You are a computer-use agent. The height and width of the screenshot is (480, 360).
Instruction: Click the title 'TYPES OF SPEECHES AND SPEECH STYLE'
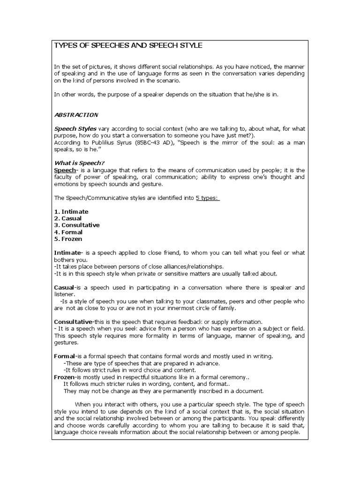pyautogui.click(x=128, y=45)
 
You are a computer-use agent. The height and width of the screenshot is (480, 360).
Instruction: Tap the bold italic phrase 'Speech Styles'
pyautogui.click(x=75, y=128)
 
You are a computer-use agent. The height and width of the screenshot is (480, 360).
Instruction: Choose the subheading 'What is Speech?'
pyautogui.click(x=79, y=163)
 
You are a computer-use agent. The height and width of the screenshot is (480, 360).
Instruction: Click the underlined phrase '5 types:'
pyautogui.click(x=208, y=198)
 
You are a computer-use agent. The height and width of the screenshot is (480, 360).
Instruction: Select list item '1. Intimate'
pyautogui.click(x=71, y=211)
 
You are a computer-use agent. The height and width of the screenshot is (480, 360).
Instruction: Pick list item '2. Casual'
pyautogui.click(x=68, y=218)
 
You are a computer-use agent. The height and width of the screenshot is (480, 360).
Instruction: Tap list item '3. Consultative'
pyautogui.click(x=77, y=225)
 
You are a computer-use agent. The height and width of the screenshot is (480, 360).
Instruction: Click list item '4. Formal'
pyautogui.click(x=68, y=232)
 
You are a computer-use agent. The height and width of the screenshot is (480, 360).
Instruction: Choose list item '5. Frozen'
pyautogui.click(x=68, y=239)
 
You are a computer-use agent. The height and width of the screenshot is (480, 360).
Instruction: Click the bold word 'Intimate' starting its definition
pyautogui.click(x=68, y=253)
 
